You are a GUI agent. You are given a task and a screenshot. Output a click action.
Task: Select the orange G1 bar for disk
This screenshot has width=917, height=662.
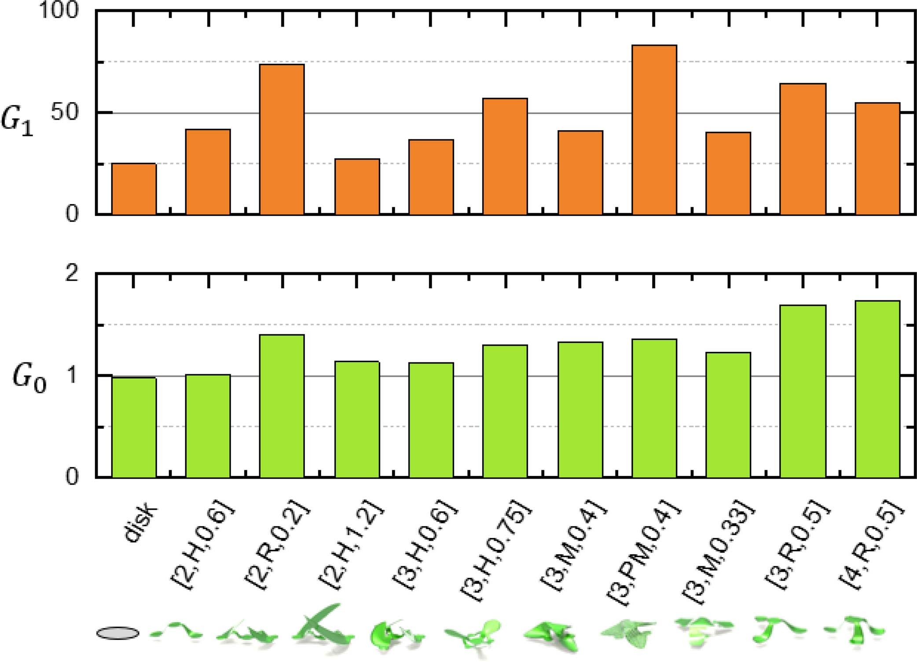134,189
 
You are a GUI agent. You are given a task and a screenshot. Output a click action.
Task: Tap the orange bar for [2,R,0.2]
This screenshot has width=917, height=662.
282,140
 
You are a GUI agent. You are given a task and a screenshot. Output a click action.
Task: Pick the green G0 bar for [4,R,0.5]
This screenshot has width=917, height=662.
877,389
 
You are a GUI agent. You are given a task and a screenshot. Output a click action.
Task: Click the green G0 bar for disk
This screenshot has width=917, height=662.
134,428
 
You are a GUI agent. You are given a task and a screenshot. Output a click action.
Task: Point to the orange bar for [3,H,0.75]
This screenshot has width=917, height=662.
505,157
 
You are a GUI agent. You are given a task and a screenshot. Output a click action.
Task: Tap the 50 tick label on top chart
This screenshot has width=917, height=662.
65,113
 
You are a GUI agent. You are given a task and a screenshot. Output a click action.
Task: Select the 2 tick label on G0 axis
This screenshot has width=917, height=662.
71,274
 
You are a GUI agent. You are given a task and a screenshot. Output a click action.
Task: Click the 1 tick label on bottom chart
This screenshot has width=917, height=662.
71,375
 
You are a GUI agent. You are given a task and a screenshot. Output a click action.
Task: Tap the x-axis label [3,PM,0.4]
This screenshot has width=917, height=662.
645,552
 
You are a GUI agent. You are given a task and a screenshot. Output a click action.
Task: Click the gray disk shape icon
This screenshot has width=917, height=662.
117,633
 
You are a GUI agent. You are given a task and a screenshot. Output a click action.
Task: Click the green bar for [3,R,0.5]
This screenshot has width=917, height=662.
803,391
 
